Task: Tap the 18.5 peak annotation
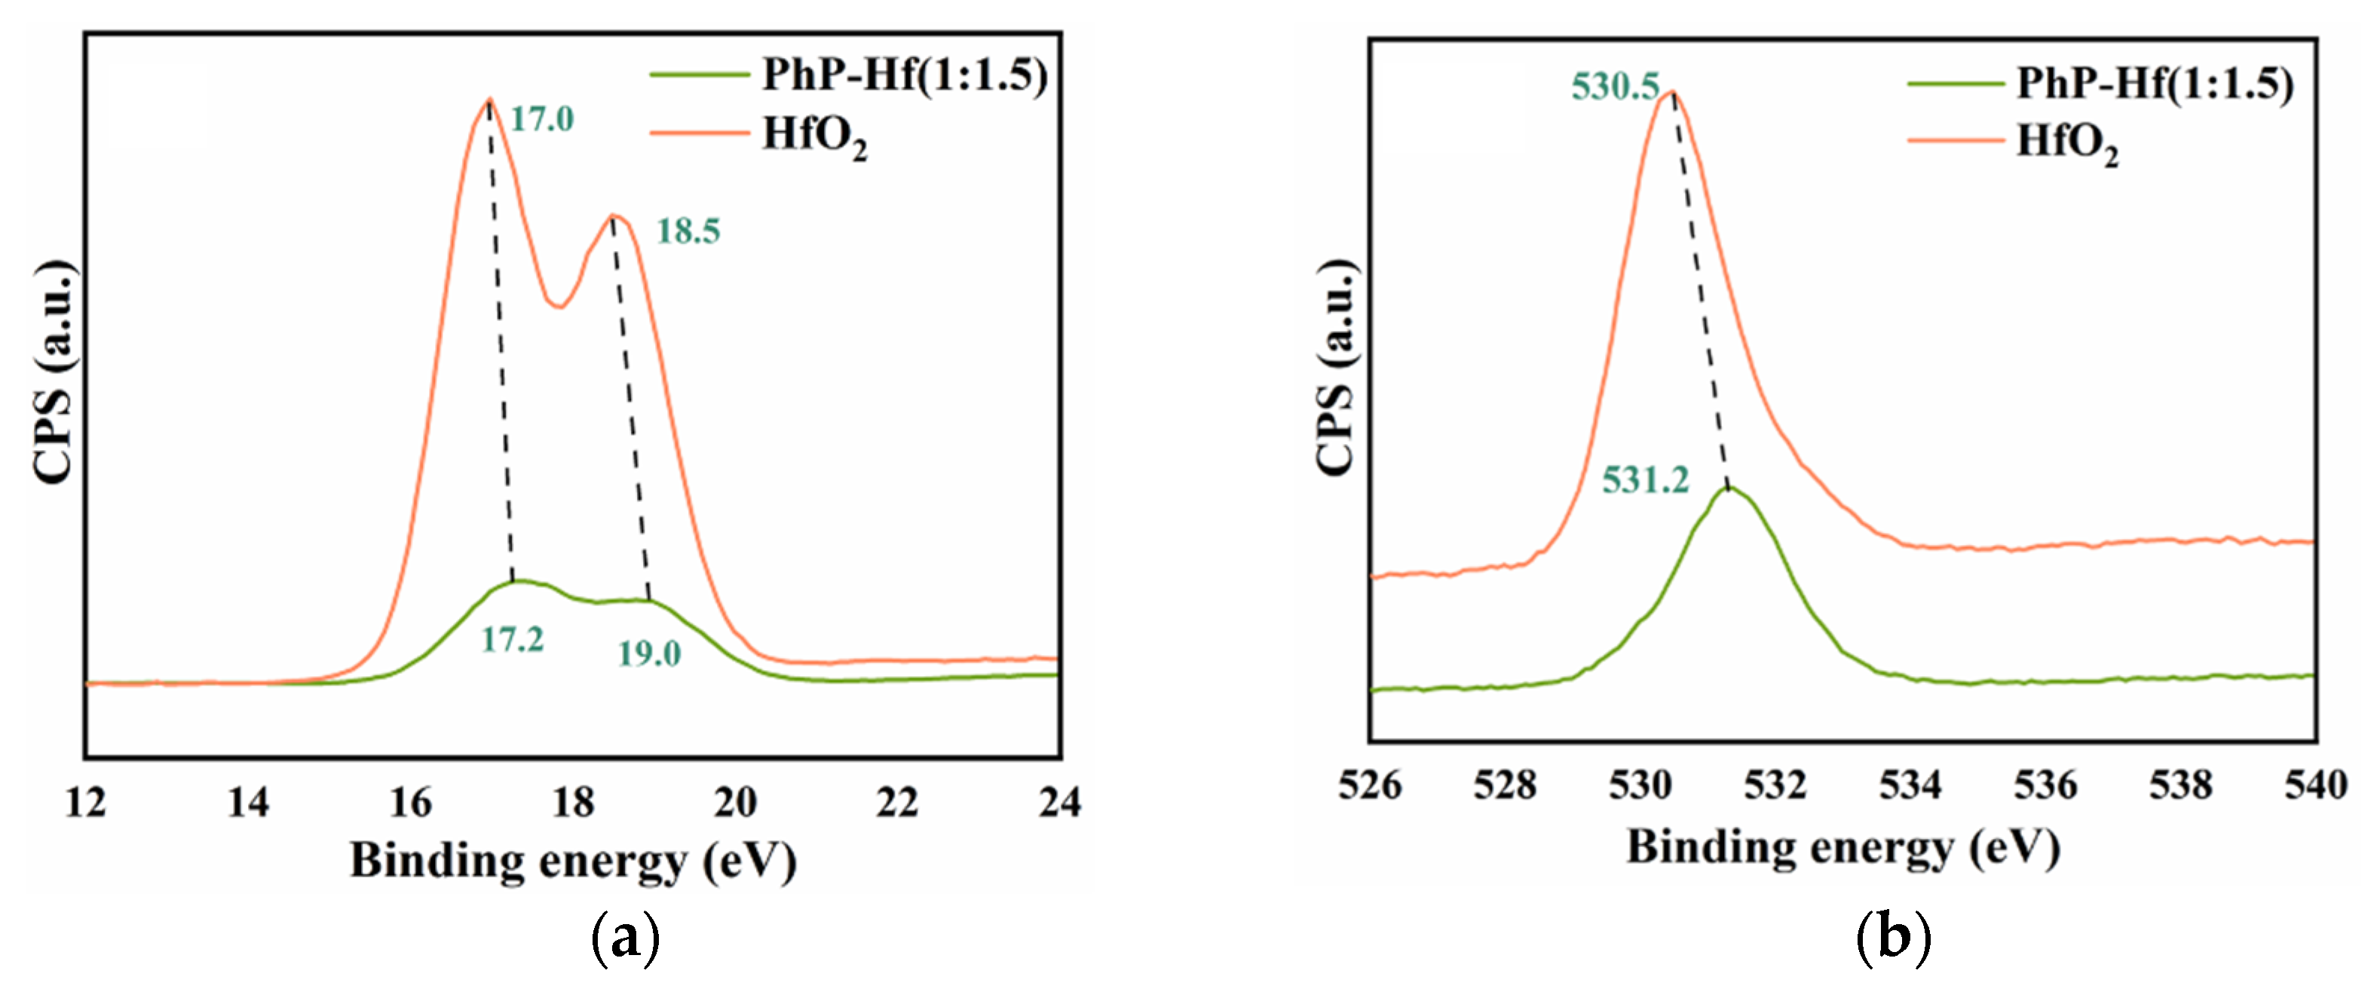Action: [x=688, y=231]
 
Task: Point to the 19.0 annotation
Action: [x=648, y=654]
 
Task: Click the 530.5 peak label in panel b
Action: [x=1615, y=87]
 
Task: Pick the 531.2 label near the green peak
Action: [x=1645, y=480]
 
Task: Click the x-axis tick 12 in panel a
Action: [x=86, y=802]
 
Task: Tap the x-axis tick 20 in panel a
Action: [x=736, y=802]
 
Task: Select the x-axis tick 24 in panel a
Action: [x=1059, y=802]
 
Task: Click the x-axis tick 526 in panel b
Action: [x=1371, y=785]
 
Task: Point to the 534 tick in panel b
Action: [x=1910, y=785]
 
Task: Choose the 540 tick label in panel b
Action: [x=2315, y=785]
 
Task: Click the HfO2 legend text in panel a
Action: [x=814, y=136]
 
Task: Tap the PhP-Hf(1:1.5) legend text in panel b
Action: [x=2155, y=83]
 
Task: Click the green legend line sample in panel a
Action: [x=699, y=75]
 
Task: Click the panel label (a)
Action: [x=625, y=938]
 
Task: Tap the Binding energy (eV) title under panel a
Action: [x=572, y=860]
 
